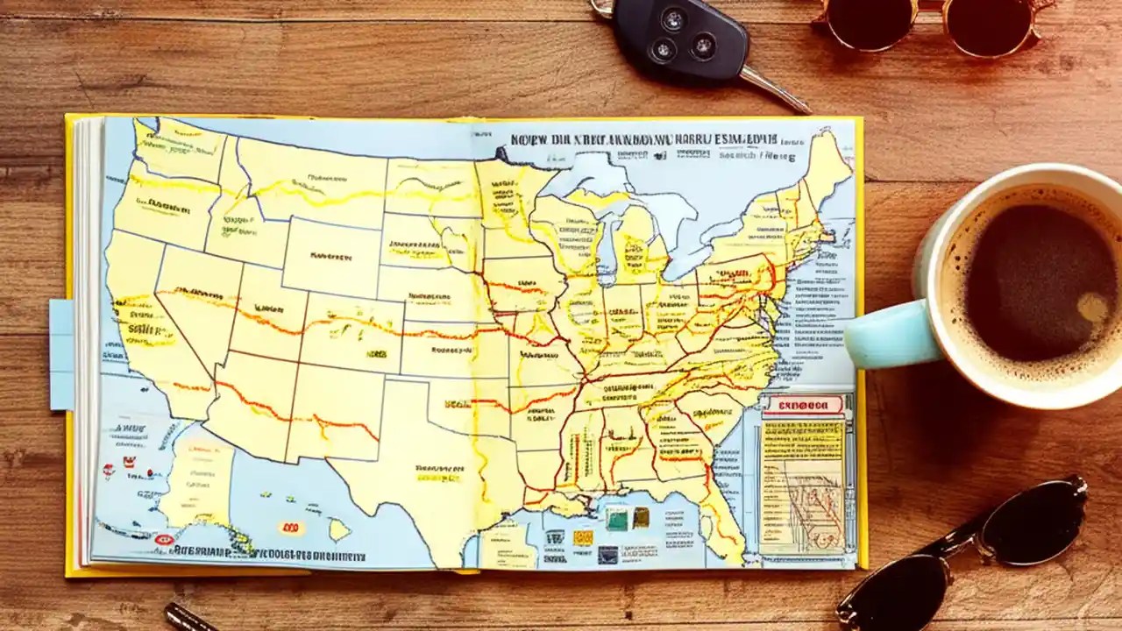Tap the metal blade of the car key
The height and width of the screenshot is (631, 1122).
coord(775,89)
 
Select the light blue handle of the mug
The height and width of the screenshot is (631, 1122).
coord(885,333)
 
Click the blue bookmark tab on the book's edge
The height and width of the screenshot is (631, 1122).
coord(61,354)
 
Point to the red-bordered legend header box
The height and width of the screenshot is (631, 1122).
coord(803,406)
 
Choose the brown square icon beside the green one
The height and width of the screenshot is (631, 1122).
coord(642,517)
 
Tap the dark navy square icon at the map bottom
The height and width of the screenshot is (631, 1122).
coord(607,554)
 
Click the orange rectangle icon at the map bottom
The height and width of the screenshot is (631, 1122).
coord(583,537)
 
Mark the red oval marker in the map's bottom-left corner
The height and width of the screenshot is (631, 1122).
coord(163,540)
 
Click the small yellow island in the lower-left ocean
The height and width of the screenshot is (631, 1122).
coord(338,529)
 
